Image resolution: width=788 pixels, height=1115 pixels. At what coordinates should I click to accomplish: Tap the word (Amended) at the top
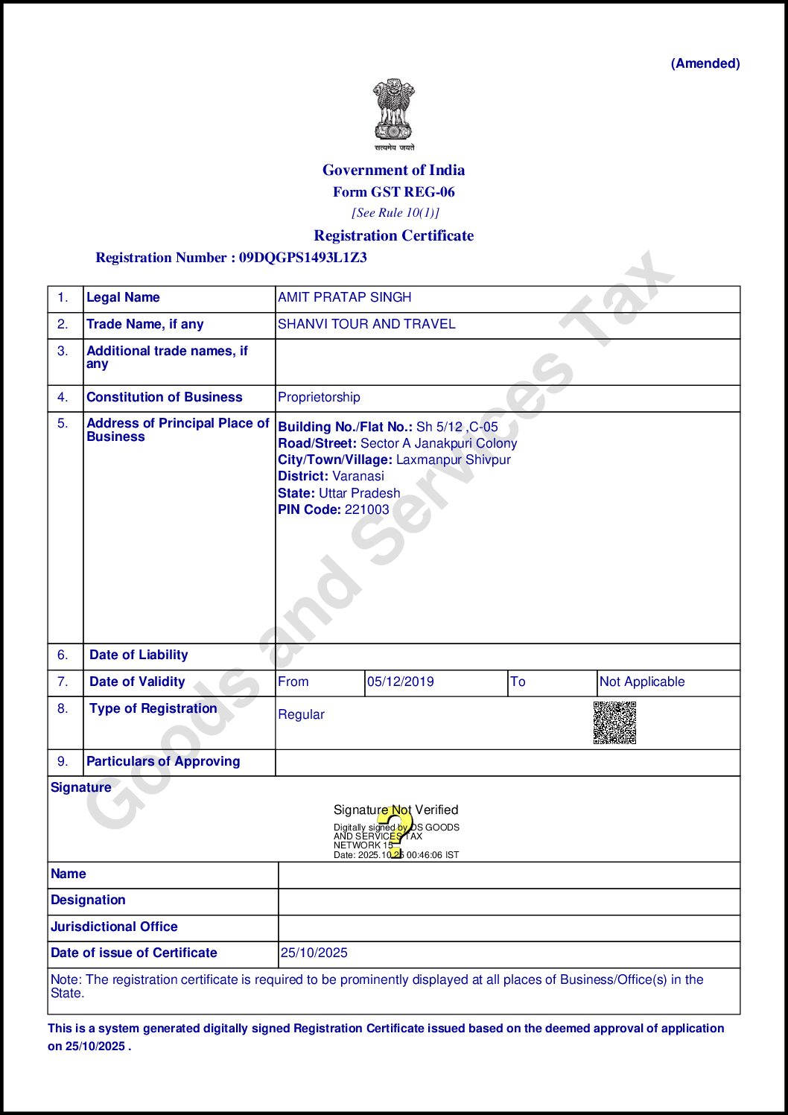tap(705, 63)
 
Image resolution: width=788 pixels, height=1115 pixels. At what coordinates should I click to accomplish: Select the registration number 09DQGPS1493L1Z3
tap(302, 258)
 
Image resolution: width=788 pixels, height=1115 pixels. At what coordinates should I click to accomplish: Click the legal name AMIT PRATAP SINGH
tap(344, 297)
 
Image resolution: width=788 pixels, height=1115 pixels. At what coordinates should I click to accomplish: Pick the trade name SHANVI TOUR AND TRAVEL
tap(366, 324)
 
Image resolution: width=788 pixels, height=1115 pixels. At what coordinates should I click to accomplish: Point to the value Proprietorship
tap(319, 397)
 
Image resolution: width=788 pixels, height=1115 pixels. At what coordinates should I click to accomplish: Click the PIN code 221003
tap(366, 509)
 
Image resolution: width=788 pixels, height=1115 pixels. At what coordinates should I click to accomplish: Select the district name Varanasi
tap(358, 476)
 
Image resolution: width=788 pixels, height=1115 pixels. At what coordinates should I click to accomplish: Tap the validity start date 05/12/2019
tap(400, 682)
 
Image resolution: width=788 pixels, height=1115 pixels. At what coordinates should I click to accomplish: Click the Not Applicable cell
tap(641, 682)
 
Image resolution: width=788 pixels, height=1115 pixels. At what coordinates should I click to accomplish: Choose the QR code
tap(614, 722)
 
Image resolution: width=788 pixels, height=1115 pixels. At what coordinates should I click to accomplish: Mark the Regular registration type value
tap(301, 714)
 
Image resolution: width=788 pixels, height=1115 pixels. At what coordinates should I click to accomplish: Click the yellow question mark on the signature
tap(398, 830)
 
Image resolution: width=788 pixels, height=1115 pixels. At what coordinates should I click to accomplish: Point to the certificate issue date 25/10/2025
tap(314, 953)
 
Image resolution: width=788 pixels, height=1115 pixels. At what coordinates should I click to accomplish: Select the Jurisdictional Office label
tap(114, 927)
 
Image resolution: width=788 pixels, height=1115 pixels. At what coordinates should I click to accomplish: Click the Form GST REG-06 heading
tap(393, 192)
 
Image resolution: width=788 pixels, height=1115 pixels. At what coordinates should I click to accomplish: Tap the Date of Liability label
tap(139, 655)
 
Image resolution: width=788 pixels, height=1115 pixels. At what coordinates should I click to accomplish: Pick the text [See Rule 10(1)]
tap(395, 213)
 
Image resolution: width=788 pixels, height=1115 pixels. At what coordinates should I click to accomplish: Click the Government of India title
tap(393, 170)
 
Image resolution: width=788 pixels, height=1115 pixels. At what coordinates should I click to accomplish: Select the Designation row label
tap(88, 900)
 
